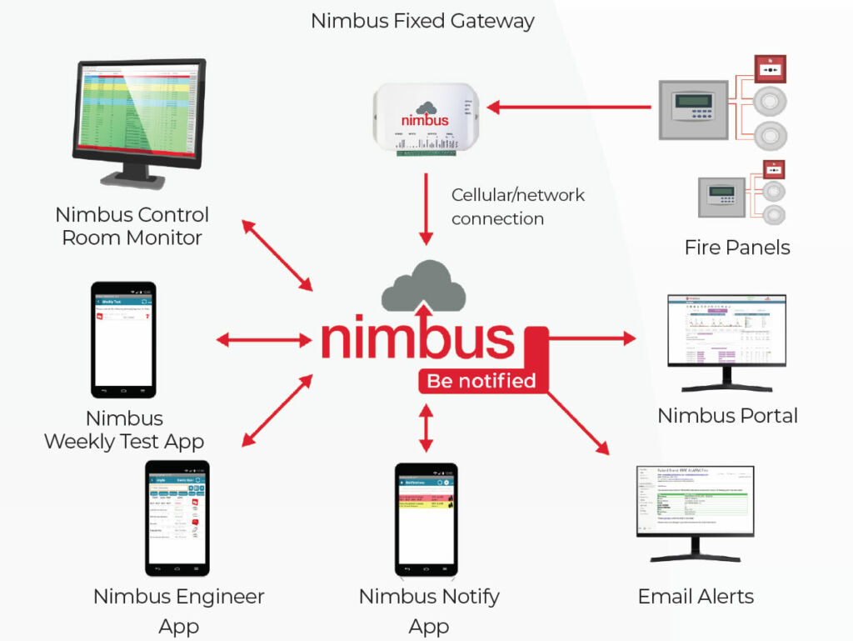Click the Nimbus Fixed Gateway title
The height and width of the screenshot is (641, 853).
(x=422, y=21)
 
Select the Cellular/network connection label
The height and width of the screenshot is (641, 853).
(x=517, y=207)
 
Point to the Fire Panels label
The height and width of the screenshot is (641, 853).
(x=737, y=247)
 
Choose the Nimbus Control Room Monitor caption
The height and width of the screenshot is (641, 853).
(x=132, y=226)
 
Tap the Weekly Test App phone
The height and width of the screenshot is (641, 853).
(x=123, y=339)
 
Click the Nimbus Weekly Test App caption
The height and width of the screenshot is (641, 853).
(x=123, y=429)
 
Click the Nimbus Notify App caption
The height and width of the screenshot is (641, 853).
(x=429, y=611)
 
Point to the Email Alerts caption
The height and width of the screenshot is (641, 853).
(x=696, y=596)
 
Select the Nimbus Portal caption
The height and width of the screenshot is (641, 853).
(x=727, y=415)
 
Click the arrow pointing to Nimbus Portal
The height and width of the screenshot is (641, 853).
(x=591, y=338)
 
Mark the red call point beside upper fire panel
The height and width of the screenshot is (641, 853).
(x=770, y=70)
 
